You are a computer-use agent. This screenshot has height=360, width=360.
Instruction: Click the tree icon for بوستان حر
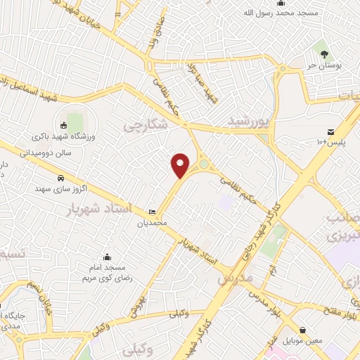324,53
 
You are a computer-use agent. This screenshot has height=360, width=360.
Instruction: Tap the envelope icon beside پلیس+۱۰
330,131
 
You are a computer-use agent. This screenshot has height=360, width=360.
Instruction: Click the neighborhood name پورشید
248,122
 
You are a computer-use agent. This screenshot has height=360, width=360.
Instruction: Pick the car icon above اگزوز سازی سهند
61,179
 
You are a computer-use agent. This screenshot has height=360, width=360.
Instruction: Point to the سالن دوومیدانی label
49,150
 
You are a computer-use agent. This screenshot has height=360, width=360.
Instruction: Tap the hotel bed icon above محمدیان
153,212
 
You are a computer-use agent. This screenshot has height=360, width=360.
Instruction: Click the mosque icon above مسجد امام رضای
107,257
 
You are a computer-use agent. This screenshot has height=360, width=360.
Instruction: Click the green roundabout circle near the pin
203,165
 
